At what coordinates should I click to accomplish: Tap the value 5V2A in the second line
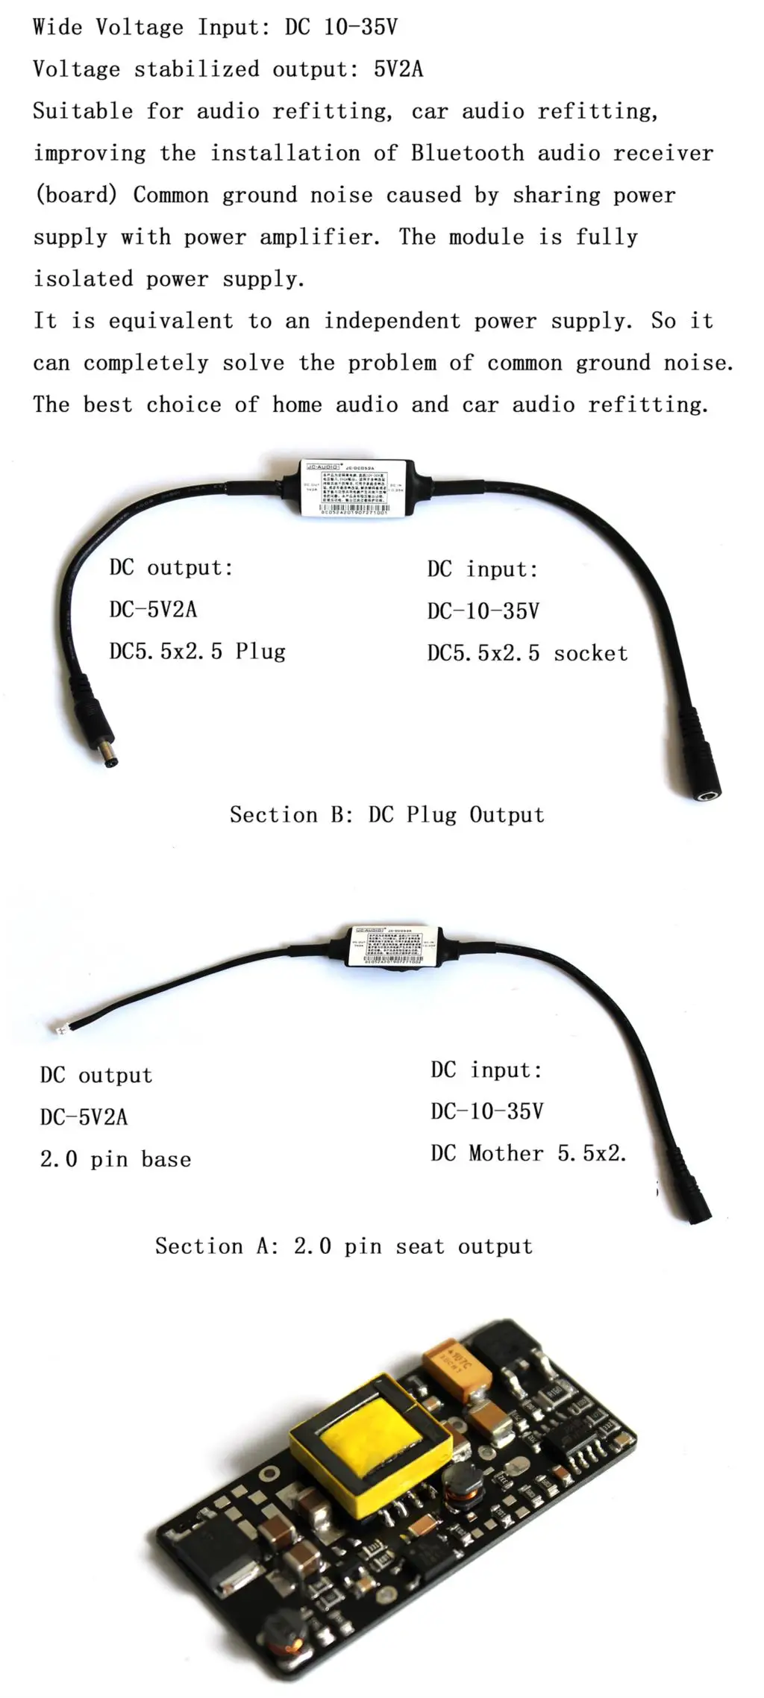point(398,69)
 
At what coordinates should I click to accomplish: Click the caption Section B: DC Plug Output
point(386,814)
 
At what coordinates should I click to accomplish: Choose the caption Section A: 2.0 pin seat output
point(343,1246)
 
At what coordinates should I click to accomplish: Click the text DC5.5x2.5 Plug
point(197,652)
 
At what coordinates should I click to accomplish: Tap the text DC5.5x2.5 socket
point(527,653)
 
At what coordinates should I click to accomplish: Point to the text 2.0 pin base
point(116,1159)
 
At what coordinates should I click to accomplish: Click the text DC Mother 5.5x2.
point(528,1154)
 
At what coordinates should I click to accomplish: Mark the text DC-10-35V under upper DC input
point(483,611)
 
